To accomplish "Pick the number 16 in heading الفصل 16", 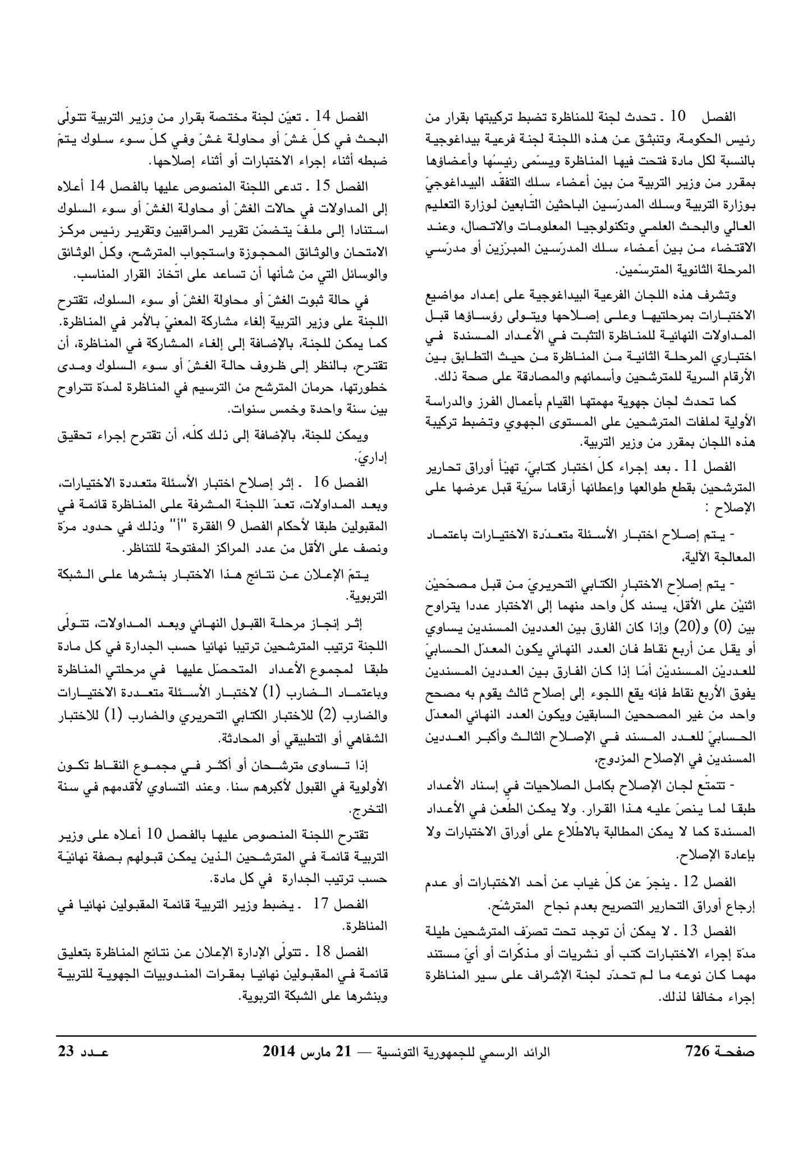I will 323,482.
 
